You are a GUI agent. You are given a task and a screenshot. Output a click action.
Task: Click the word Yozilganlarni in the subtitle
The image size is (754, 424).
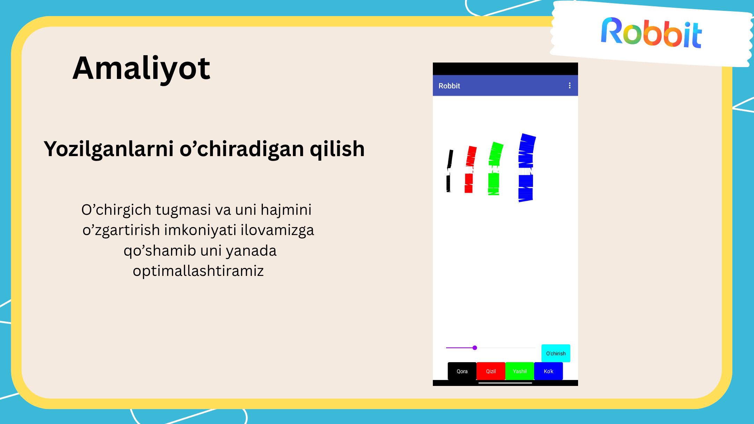pyautogui.click(x=109, y=149)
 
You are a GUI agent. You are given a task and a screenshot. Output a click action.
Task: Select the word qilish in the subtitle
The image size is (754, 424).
pyautogui.click(x=337, y=149)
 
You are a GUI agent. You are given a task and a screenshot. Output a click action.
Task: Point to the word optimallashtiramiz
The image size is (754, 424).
pyautogui.click(x=198, y=271)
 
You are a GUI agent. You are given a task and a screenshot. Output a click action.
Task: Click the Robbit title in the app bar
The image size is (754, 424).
pyautogui.click(x=449, y=86)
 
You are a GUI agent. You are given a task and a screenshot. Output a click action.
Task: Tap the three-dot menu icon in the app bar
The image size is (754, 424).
pyautogui.click(x=570, y=86)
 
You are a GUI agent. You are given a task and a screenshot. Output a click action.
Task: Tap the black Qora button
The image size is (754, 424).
pyautogui.click(x=462, y=371)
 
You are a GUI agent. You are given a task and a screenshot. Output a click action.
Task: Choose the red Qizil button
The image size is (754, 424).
pyautogui.click(x=491, y=371)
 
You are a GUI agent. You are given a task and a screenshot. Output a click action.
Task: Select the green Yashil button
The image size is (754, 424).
pyautogui.click(x=520, y=371)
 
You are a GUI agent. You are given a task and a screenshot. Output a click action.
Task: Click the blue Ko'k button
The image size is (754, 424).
pyautogui.click(x=548, y=371)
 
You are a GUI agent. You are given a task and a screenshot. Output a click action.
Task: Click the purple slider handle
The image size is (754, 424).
pyautogui.click(x=475, y=348)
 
